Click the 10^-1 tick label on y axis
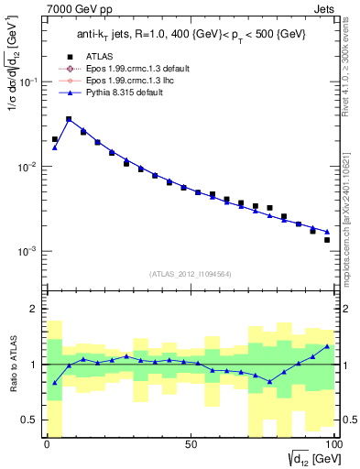30,82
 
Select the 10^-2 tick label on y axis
30,167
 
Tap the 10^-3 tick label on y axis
30,251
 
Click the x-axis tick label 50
190,444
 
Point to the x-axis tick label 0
47,444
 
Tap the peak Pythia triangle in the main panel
69,119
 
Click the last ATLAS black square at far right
327,240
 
